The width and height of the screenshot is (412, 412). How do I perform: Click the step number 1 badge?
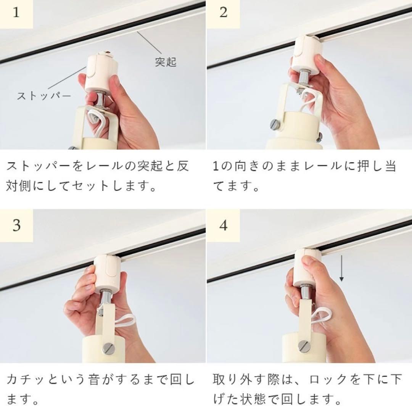(16, 13)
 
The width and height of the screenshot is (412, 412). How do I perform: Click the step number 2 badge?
(224, 13)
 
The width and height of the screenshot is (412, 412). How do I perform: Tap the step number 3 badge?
(16, 225)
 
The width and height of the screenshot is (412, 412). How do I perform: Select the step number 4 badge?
(224, 225)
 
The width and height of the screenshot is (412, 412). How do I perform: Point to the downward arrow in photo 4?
(341, 269)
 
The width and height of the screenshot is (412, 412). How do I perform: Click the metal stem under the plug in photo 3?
(106, 298)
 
